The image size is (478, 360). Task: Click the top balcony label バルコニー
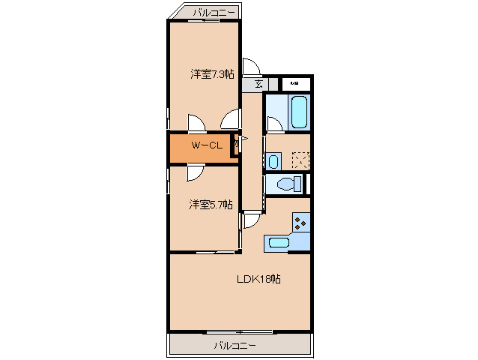click(x=214, y=12)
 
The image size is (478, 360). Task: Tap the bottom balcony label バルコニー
click(x=235, y=345)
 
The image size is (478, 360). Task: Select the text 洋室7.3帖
click(x=212, y=74)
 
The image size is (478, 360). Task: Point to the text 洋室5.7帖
click(x=210, y=204)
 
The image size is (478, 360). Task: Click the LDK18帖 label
click(x=258, y=279)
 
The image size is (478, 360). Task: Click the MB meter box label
click(x=294, y=83)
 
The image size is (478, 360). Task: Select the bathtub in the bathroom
click(x=299, y=112)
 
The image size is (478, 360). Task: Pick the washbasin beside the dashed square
click(x=273, y=160)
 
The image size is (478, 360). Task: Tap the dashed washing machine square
click(x=301, y=160)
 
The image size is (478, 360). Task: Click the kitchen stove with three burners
click(x=301, y=221)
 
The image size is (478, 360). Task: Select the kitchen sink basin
click(x=279, y=241)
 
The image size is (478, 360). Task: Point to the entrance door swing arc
click(x=248, y=67)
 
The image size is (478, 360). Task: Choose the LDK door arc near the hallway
click(x=251, y=220)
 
